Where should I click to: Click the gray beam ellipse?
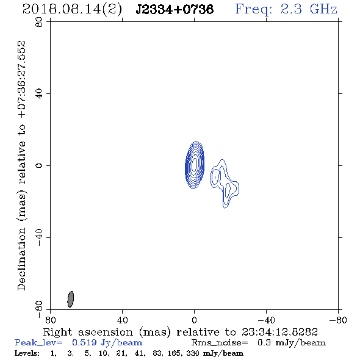coord(71,299)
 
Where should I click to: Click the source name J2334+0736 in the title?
coord(175,9)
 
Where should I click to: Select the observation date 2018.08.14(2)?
coord(72,10)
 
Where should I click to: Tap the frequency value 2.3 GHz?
coord(309,9)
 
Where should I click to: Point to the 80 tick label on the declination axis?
coord(39,22)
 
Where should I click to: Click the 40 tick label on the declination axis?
coord(39,94)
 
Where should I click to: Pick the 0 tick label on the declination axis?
coord(39,165)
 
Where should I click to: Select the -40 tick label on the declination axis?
coord(39,237)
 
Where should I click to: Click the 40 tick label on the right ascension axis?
coord(122,320)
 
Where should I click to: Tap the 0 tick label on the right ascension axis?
coord(194,320)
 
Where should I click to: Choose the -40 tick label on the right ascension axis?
coord(266,320)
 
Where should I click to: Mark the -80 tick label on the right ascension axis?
coord(338,320)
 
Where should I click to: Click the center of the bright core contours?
coord(195,164)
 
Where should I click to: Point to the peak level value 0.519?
coord(84,342)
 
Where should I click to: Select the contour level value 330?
coord(193,353)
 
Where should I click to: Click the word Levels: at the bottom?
coord(27,353)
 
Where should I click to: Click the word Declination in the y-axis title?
coord(21,259)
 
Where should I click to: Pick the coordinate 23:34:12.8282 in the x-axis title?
coord(279,332)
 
